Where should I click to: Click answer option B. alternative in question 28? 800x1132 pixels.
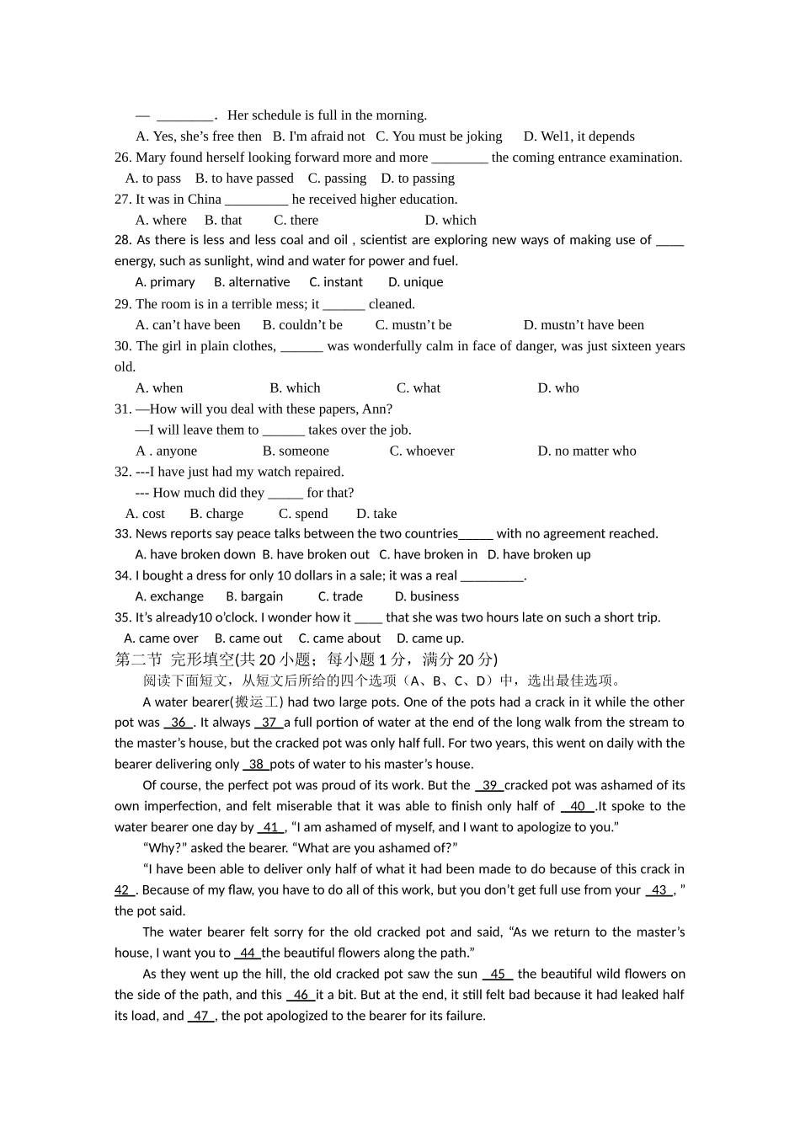pyautogui.click(x=252, y=282)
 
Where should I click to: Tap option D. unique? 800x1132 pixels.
pyautogui.click(x=415, y=282)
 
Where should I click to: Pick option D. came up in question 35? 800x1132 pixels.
pyautogui.click(x=429, y=638)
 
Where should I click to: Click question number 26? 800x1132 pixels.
pyautogui.click(x=123, y=158)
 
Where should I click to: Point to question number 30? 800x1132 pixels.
pyautogui.click(x=123, y=346)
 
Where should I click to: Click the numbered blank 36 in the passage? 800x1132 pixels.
pyautogui.click(x=179, y=723)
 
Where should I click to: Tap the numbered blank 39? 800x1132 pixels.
pyautogui.click(x=489, y=785)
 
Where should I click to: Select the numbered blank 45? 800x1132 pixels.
pyautogui.click(x=498, y=974)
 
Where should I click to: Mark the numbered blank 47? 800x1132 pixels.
pyautogui.click(x=200, y=1016)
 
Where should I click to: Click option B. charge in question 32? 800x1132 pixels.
pyautogui.click(x=216, y=514)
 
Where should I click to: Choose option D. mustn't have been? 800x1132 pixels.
pyautogui.click(x=584, y=325)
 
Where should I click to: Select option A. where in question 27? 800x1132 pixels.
pyautogui.click(x=162, y=221)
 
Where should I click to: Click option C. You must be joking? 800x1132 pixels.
pyautogui.click(x=439, y=136)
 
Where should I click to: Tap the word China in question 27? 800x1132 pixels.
pyautogui.click(x=204, y=200)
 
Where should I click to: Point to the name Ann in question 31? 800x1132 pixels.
pyautogui.click(x=376, y=409)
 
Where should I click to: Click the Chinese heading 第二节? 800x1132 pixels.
pyautogui.click(x=138, y=659)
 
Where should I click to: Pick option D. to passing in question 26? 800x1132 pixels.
pyautogui.click(x=418, y=179)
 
